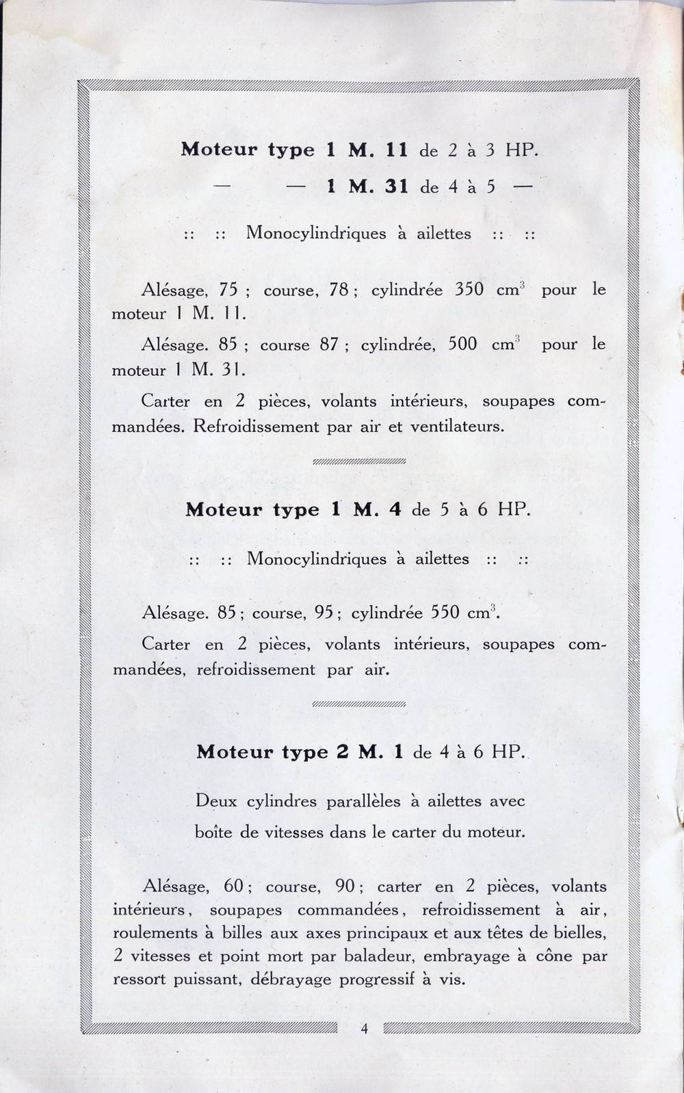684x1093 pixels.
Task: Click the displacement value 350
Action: (469, 289)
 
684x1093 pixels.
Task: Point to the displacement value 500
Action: (462, 345)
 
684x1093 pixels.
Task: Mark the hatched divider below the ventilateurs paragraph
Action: (358, 461)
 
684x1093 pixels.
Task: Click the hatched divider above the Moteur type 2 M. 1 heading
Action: (358, 703)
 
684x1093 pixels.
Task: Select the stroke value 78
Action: (339, 289)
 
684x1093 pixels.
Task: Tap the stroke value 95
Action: (324, 613)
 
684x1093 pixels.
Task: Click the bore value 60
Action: (234, 887)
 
